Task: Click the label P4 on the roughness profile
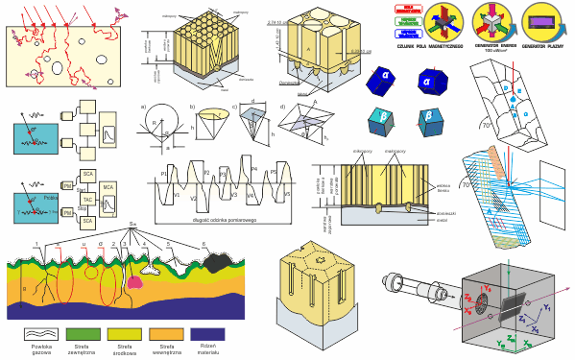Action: [x=254, y=169]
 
